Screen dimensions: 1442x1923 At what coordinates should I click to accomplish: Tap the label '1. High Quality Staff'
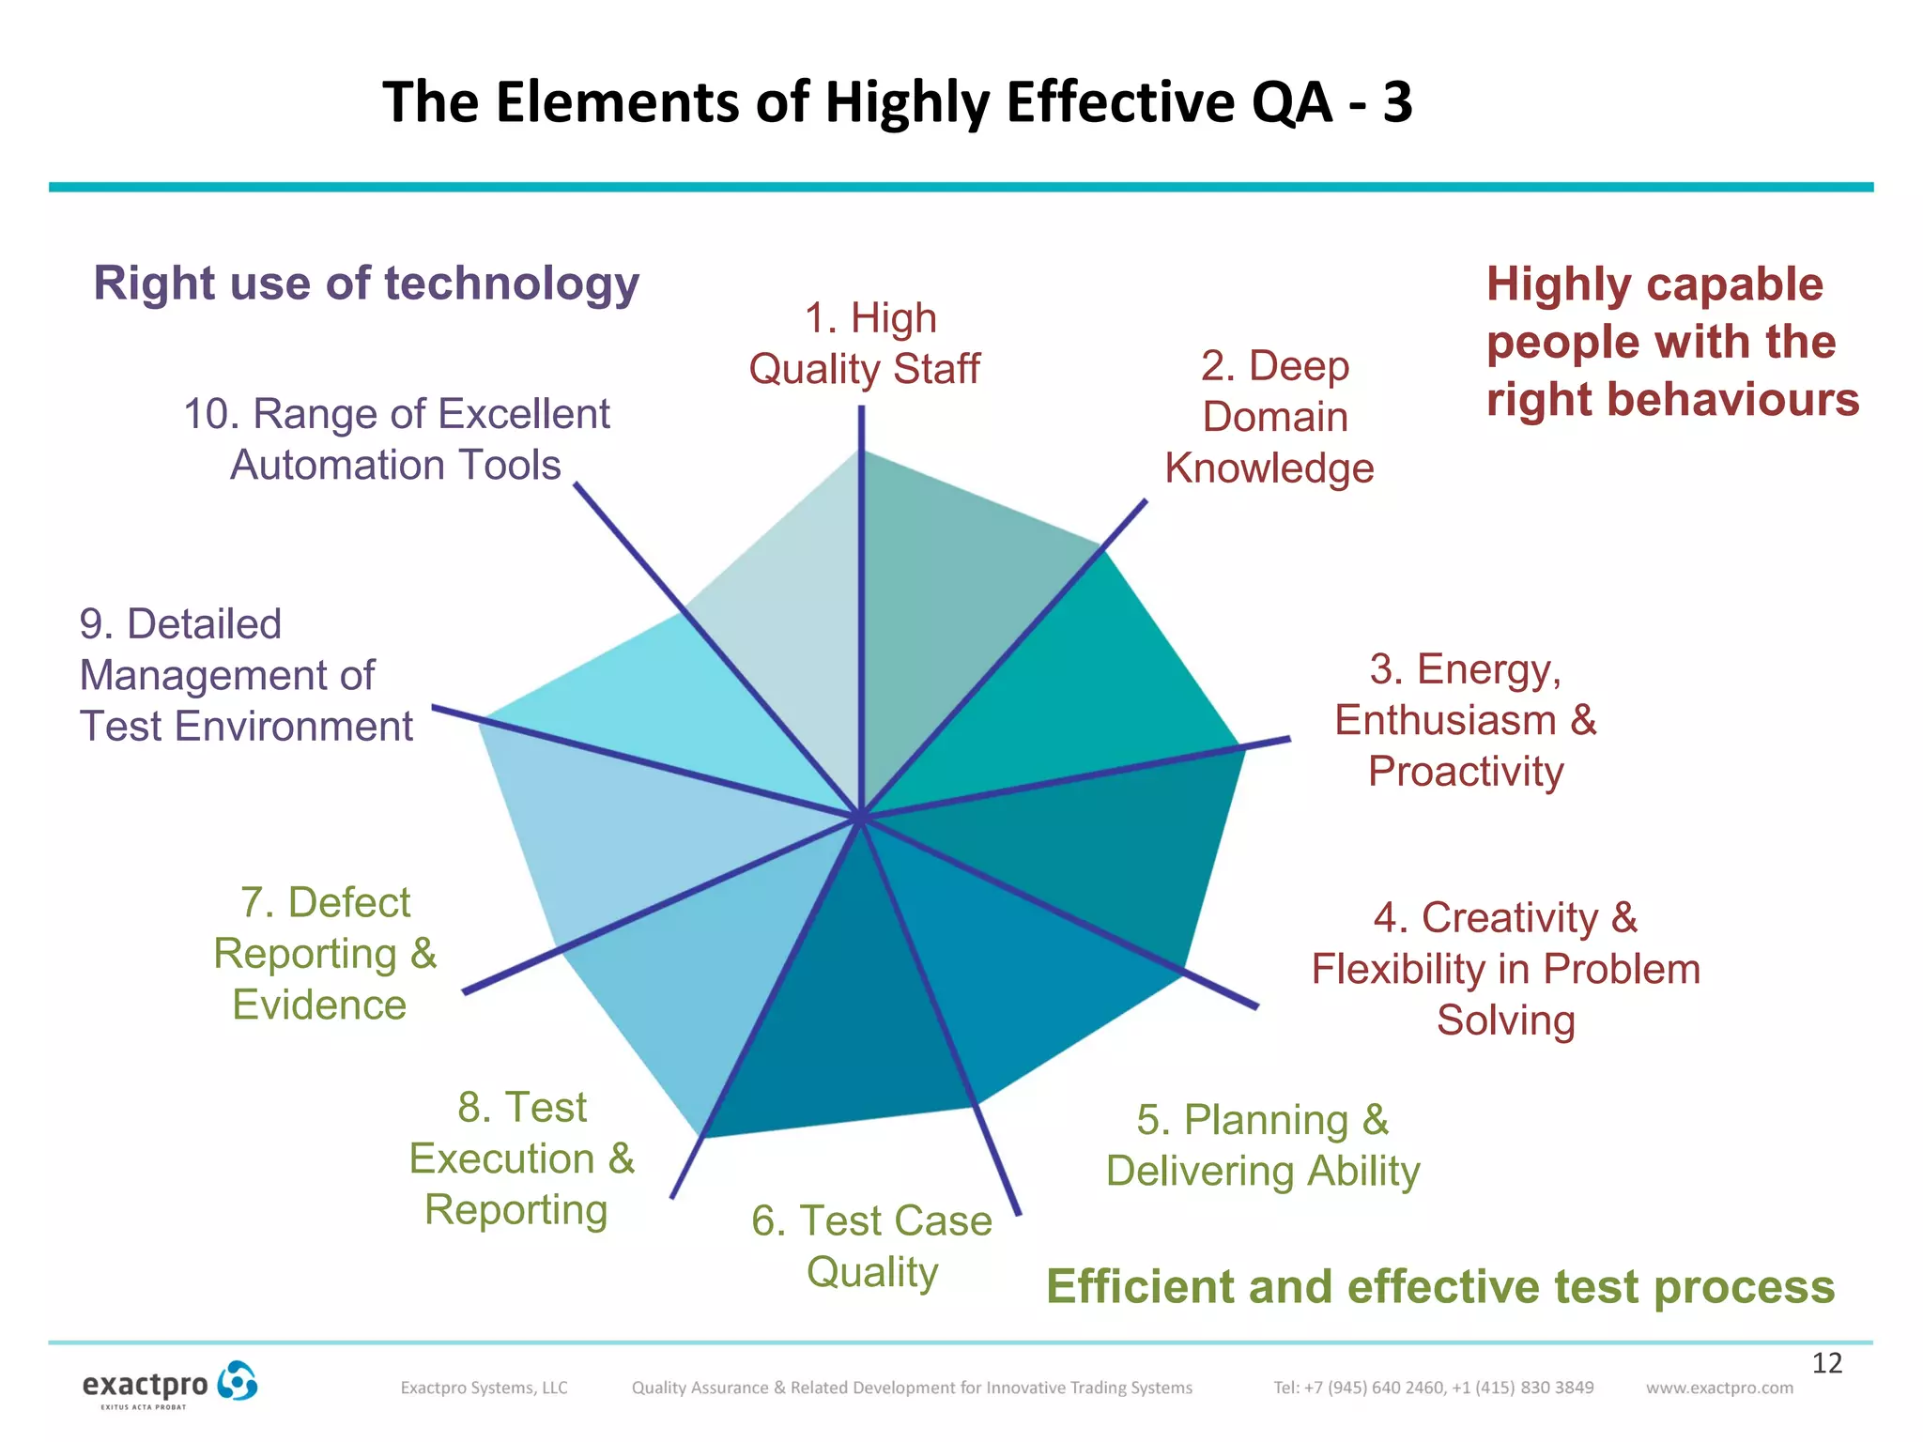(865, 344)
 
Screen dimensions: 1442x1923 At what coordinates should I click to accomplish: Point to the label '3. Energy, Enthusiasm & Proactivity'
(1465, 720)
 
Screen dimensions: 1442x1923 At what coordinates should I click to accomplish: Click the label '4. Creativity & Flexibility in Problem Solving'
(1505, 969)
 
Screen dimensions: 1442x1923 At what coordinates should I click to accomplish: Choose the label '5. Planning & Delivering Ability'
(1263, 1145)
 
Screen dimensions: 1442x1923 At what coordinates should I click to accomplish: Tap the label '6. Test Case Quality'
(871, 1247)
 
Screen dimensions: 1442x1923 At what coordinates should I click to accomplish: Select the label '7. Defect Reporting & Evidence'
(325, 954)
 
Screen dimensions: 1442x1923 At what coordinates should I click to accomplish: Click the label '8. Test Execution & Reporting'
(521, 1158)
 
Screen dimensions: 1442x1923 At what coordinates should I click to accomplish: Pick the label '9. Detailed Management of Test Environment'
(246, 675)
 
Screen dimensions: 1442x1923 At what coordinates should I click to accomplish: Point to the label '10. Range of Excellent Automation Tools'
(396, 439)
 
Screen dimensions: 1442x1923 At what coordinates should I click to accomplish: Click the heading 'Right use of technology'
(366, 284)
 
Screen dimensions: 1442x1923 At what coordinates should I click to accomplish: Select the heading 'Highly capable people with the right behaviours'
(1671, 342)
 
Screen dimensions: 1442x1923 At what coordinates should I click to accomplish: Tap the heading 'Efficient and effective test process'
(1440, 1286)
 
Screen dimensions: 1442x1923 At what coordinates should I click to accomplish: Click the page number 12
(1826, 1363)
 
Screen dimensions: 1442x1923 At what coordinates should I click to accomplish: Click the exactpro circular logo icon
(237, 1382)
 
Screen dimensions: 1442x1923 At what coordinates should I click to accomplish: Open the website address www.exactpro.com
(1719, 1388)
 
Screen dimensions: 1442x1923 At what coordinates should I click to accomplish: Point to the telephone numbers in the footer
(1433, 1388)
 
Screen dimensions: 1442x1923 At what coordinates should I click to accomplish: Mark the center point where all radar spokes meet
(859, 817)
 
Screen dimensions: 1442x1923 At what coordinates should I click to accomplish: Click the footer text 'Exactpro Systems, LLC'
(484, 1388)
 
